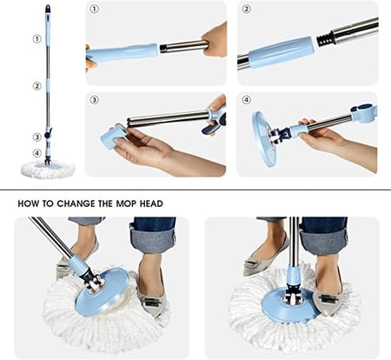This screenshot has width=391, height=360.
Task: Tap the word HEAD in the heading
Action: click(151, 203)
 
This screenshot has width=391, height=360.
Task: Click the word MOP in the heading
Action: click(126, 203)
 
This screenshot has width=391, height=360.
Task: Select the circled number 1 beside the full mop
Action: click(36, 39)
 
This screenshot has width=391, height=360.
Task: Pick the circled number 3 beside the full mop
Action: click(36, 137)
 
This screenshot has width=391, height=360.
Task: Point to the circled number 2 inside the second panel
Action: click(246, 9)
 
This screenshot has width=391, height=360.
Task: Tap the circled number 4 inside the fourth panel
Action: click(246, 100)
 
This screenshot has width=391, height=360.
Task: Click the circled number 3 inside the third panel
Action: click(95, 100)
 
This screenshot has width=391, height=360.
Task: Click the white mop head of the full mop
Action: click(48, 170)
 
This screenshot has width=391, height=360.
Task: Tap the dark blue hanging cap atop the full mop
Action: click(48, 10)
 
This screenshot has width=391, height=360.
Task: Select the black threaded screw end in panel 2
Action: click(325, 40)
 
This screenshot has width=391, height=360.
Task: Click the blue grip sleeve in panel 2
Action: click(281, 51)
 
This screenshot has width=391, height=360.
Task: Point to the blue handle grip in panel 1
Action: click(123, 53)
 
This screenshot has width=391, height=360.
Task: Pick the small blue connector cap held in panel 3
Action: click(112, 136)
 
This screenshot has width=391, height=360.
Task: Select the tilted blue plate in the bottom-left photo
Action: click(102, 292)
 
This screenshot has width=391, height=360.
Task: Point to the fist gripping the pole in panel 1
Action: click(215, 39)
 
